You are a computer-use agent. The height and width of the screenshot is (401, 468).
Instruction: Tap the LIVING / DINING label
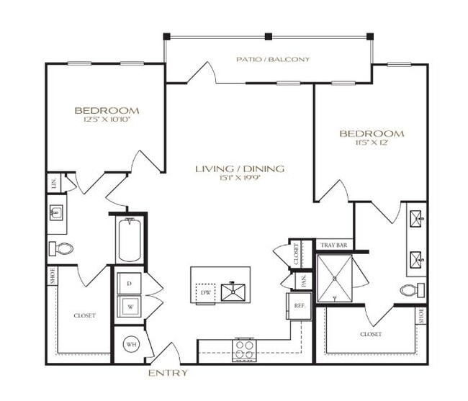[x=240, y=168]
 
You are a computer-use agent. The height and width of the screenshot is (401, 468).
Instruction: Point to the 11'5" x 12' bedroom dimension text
[x=372, y=143]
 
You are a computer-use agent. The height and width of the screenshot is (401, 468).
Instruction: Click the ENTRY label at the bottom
[x=168, y=373]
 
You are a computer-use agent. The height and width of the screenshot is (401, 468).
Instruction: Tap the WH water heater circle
[x=130, y=346]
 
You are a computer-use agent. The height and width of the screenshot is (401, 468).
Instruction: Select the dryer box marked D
[x=129, y=284]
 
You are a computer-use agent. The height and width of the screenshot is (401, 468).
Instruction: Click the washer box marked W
[x=129, y=306]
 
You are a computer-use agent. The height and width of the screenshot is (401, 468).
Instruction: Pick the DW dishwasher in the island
[x=205, y=292]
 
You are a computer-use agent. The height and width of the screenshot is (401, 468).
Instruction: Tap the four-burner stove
[x=245, y=348]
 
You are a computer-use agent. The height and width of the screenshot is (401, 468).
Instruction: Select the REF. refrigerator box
[x=297, y=305]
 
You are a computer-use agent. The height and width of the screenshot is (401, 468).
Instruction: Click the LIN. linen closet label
[x=54, y=184]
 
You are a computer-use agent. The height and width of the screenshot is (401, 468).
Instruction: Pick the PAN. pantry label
[x=304, y=280]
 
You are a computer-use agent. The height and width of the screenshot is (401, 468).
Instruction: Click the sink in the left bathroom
[x=56, y=213]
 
